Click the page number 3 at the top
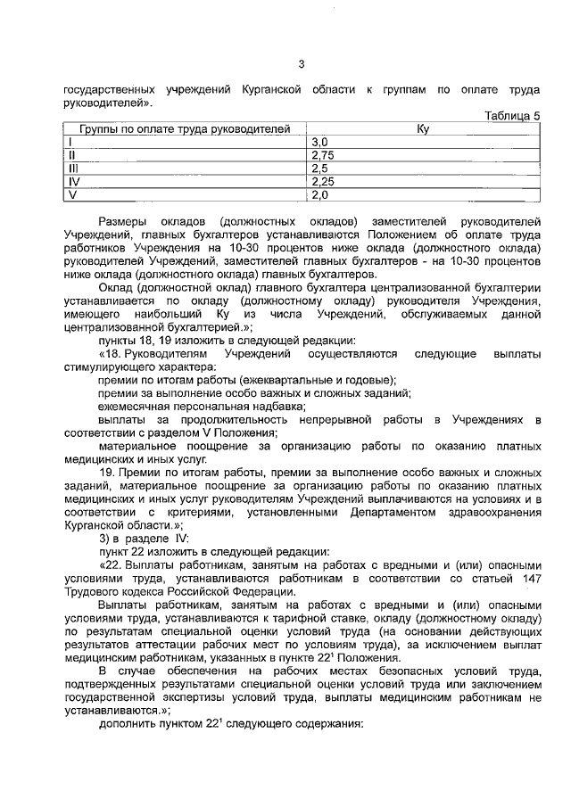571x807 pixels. point(302,63)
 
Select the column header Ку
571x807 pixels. point(423,129)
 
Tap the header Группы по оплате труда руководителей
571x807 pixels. point(185,129)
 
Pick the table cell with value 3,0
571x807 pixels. point(320,142)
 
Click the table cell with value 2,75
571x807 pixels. point(323,154)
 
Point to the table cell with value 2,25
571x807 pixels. point(323,181)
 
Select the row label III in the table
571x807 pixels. point(75,168)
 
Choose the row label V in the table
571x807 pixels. point(74,194)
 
